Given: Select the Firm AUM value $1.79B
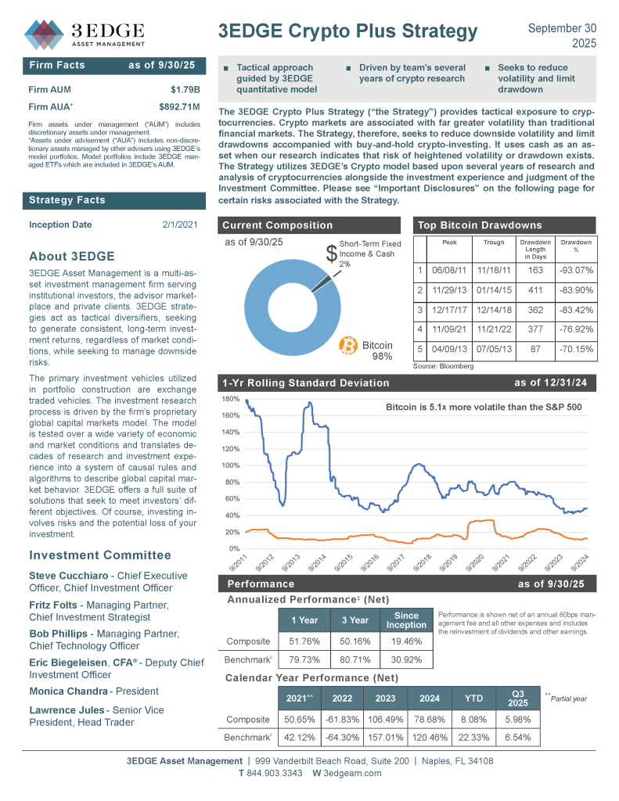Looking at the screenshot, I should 185,89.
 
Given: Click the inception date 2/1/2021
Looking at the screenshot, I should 180,225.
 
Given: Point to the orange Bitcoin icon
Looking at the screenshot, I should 348,345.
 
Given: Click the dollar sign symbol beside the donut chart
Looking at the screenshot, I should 332,253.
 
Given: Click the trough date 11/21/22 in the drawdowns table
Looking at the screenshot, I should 494,330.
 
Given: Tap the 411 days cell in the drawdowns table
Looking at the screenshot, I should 535,290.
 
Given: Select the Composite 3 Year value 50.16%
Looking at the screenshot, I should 355,641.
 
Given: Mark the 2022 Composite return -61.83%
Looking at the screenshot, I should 343,720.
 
